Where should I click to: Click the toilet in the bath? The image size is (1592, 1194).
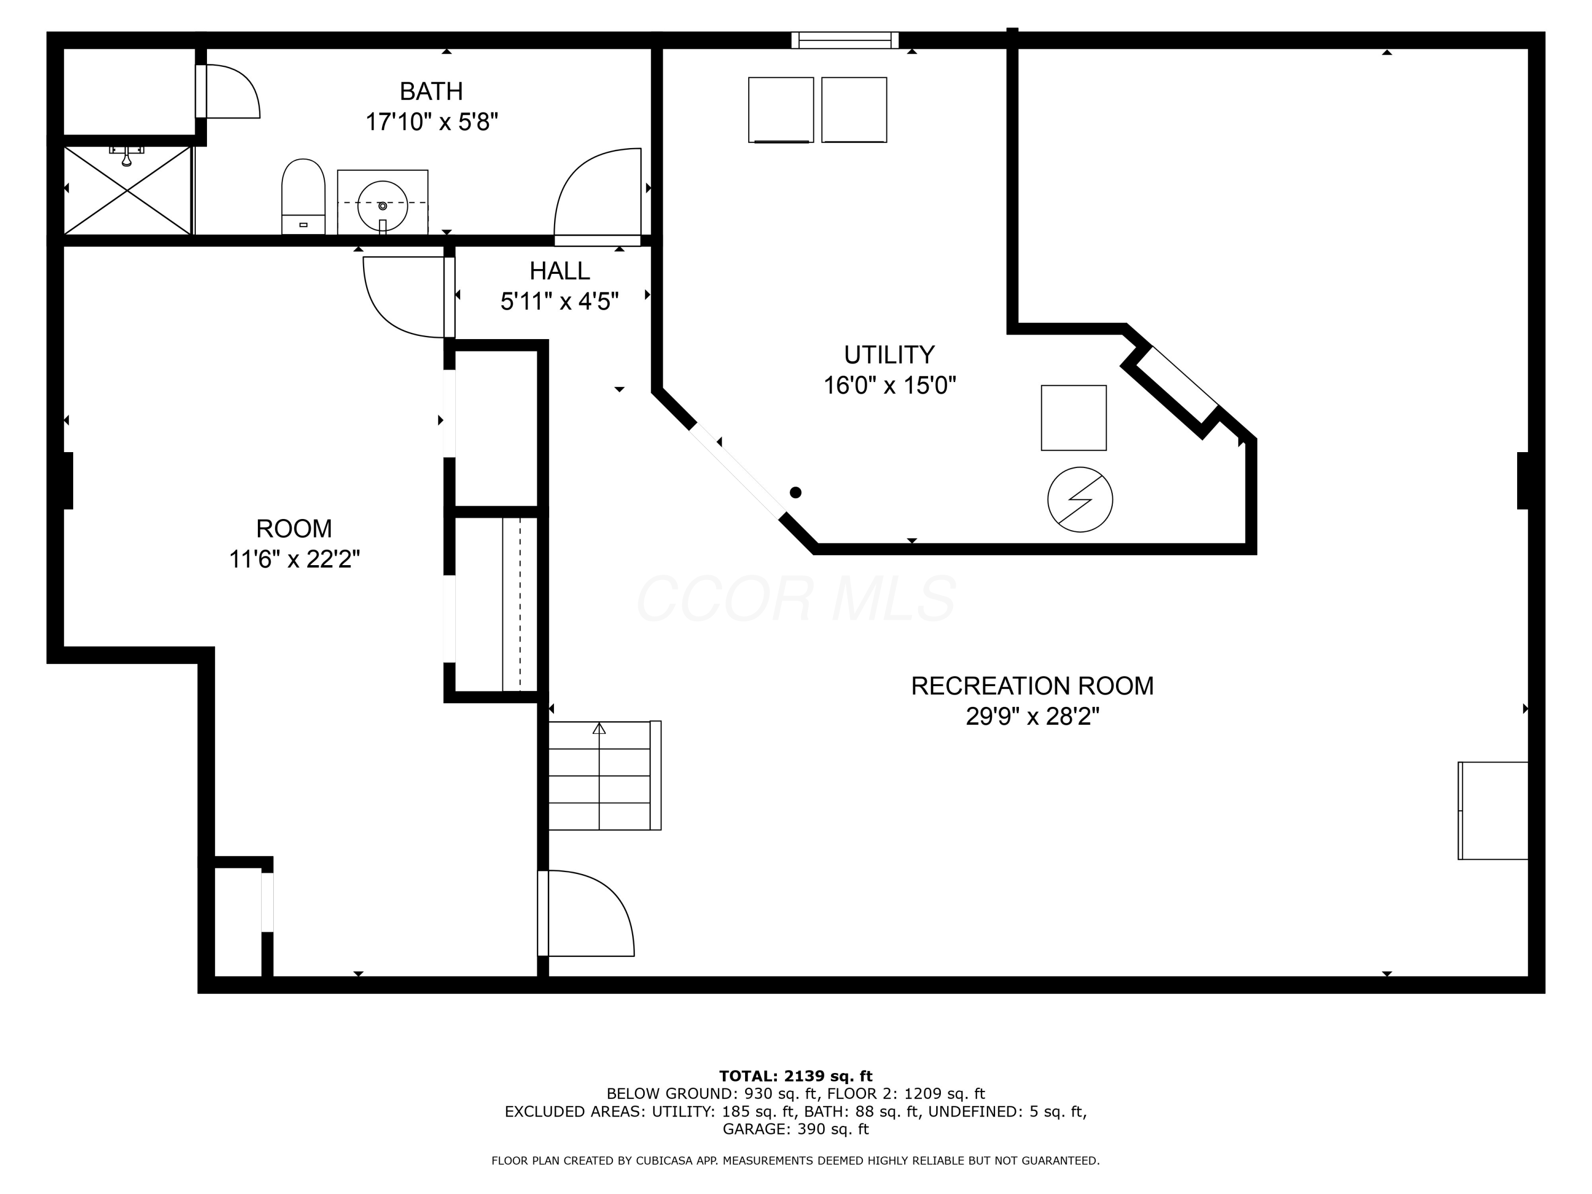[303, 195]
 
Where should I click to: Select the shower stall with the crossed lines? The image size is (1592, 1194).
[127, 190]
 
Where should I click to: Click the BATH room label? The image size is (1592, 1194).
[430, 91]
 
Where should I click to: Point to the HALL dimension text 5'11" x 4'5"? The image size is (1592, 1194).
[559, 301]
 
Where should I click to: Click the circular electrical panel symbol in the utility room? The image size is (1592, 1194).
[1079, 499]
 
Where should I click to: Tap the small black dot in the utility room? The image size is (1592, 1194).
[795, 493]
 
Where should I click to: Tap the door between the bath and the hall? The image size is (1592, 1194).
[598, 193]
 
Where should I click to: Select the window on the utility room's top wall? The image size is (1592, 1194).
[844, 40]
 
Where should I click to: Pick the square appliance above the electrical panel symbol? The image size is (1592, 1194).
[1073, 418]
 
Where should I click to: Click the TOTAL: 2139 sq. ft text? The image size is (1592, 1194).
[795, 1076]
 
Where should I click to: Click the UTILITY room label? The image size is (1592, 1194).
[889, 355]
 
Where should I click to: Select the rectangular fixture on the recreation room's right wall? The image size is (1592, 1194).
[1493, 810]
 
